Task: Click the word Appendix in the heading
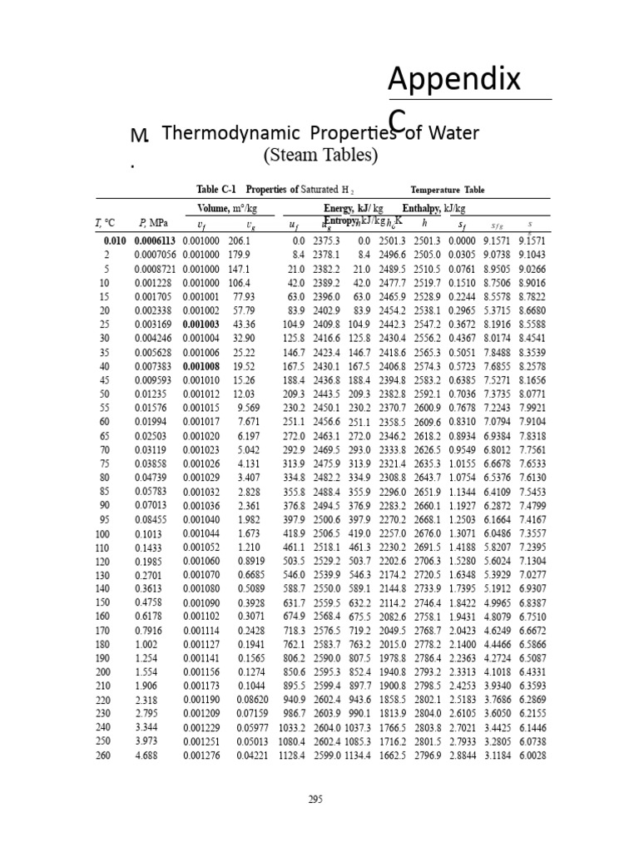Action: (x=454, y=81)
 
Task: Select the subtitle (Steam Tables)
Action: (x=320, y=156)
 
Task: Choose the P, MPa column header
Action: (x=154, y=223)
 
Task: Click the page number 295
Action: (x=315, y=800)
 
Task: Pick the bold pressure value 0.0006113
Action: (x=155, y=240)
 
